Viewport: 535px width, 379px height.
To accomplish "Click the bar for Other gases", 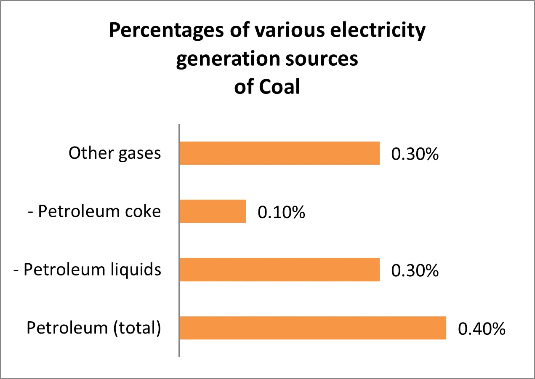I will [279, 153].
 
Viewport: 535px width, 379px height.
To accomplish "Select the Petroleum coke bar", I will [213, 211].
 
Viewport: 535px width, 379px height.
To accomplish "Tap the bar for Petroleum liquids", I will [279, 270].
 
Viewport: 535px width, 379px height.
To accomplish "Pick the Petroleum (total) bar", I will [313, 328].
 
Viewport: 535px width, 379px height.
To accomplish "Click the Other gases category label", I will [115, 153].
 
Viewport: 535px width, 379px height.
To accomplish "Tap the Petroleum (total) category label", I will [94, 328].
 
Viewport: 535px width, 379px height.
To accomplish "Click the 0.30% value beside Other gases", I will [415, 154].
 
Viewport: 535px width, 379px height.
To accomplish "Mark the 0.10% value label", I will [281, 212].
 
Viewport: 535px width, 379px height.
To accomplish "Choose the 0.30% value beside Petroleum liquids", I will [415, 271].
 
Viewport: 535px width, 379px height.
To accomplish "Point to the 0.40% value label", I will [482, 329].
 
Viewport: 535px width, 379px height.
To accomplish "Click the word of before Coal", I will [244, 87].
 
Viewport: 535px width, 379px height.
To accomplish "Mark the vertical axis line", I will [179, 240].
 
